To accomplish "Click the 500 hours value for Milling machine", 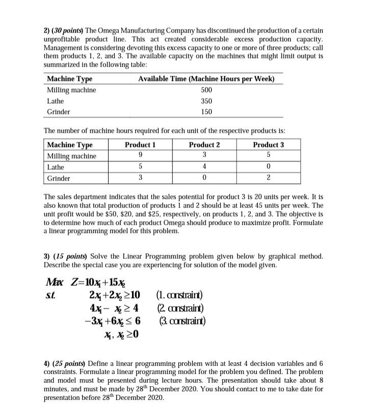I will pos(206,90).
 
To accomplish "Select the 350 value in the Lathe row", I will pos(206,101).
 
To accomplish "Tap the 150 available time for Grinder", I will pos(206,111).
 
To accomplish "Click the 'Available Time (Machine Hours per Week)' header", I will pos(206,79).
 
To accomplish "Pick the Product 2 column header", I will pos(204,145).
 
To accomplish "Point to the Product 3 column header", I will pos(268,145).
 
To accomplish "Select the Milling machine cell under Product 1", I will pos(140,156).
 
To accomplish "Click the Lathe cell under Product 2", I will pos(204,167).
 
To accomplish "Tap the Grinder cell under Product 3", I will pos(268,178).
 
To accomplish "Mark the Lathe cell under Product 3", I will pos(268,167).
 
